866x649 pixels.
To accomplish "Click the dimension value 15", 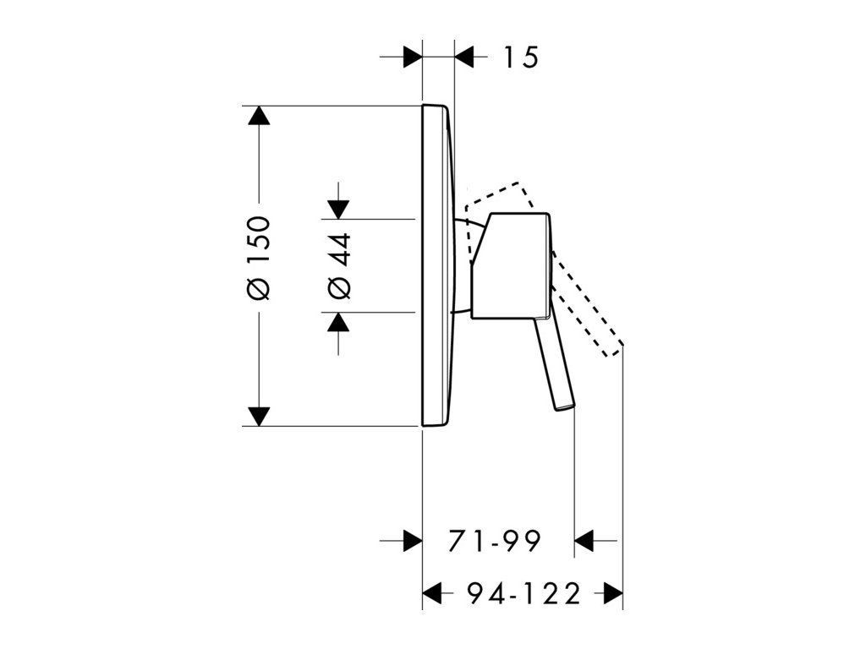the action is click(x=521, y=57).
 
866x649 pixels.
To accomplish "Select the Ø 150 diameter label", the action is click(x=259, y=257).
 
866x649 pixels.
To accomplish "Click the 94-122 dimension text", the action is click(x=524, y=593).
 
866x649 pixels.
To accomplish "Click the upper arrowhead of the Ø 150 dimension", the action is click(x=259, y=117).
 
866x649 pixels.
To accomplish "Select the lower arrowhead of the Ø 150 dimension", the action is click(x=259, y=416).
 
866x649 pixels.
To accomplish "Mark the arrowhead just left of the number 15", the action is click(x=465, y=57).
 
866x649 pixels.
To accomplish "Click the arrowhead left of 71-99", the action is click(x=412, y=540).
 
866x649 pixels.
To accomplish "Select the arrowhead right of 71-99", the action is click(x=585, y=540).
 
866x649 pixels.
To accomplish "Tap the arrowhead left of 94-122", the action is click(x=433, y=593).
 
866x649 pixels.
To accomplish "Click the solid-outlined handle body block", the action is click(x=511, y=266).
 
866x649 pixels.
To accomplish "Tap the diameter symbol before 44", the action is click(x=338, y=289).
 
